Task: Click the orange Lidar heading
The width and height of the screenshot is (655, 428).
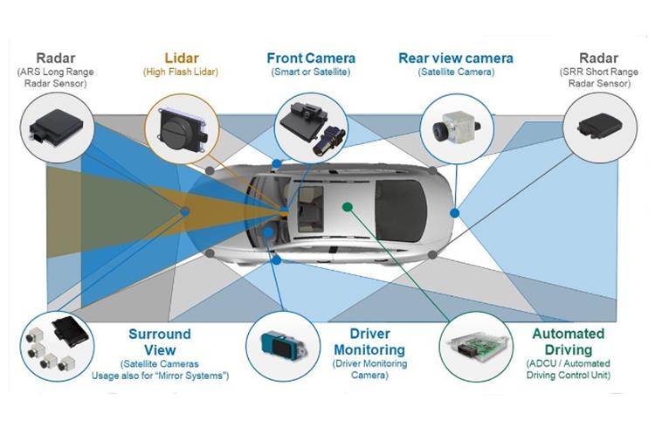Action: (182, 59)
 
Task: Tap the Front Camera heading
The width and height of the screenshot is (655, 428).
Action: (311, 59)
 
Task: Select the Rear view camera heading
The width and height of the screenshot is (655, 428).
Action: (456, 59)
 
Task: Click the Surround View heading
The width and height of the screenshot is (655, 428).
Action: (160, 342)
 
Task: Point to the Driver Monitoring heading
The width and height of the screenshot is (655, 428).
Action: (369, 342)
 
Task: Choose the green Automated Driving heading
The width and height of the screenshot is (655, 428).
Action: (569, 342)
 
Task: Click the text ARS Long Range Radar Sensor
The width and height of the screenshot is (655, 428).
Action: (55, 78)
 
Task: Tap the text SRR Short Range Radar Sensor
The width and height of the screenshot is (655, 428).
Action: (598, 78)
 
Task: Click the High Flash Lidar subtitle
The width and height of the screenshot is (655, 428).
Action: (181, 72)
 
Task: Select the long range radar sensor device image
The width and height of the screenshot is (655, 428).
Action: (56, 125)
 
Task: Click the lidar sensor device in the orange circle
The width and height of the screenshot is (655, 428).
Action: (183, 128)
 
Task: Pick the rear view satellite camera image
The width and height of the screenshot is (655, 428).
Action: (456, 127)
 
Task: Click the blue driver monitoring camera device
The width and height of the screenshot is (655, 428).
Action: (283, 346)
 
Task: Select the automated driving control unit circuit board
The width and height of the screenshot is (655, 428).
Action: (476, 347)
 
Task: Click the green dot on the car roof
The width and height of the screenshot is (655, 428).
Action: (347, 206)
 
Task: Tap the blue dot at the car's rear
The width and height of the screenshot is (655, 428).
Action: (455, 213)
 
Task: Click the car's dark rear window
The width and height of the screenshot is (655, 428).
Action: (400, 211)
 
